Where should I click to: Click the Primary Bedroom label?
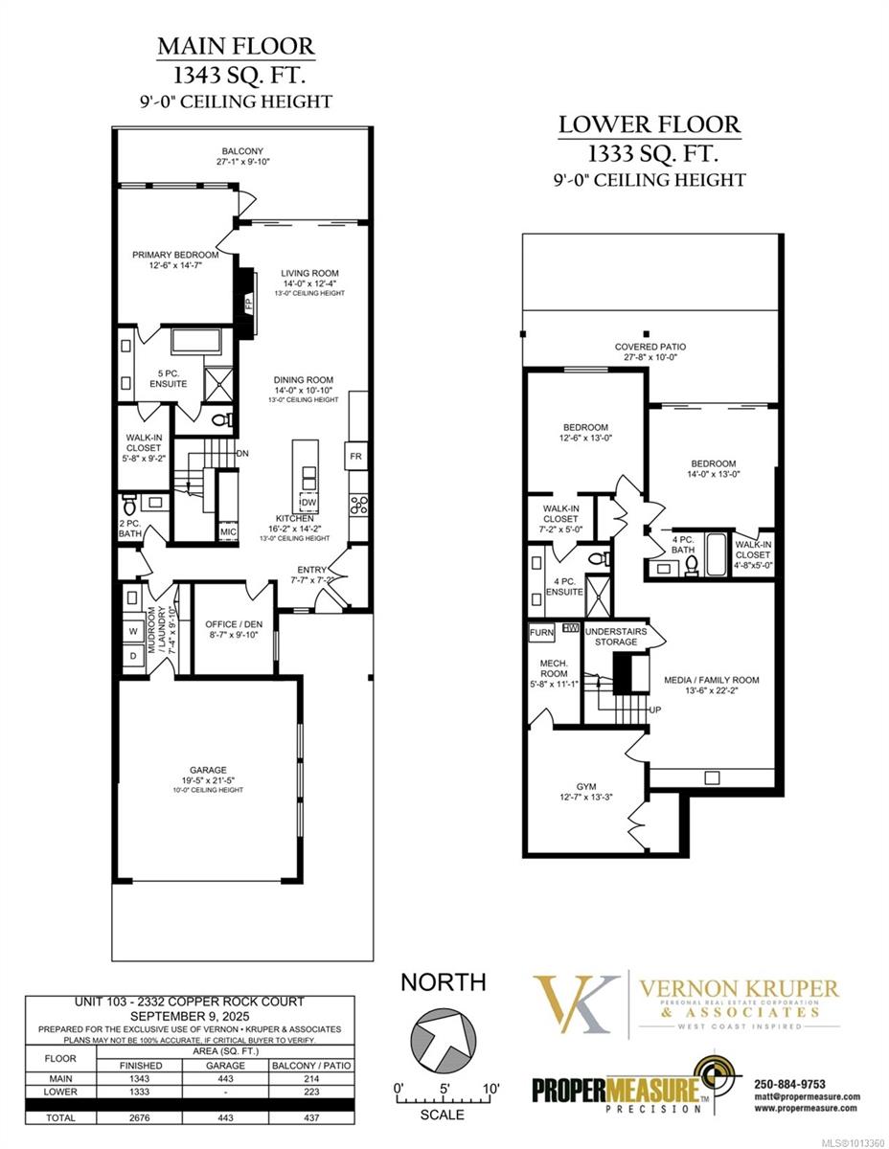[x=175, y=255]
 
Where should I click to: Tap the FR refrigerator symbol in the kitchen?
[x=355, y=456]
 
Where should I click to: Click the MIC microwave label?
[x=228, y=531]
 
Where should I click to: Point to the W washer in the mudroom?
[x=132, y=631]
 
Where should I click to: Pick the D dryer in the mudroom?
[x=132, y=656]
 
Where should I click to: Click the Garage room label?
[x=208, y=769]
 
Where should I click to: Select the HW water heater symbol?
[x=572, y=628]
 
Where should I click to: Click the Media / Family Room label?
[x=711, y=680]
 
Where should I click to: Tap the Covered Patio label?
[x=650, y=347]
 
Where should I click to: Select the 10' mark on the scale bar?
[x=490, y=1089]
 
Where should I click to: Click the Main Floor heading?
[x=236, y=46]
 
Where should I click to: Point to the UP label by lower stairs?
[x=655, y=710]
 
